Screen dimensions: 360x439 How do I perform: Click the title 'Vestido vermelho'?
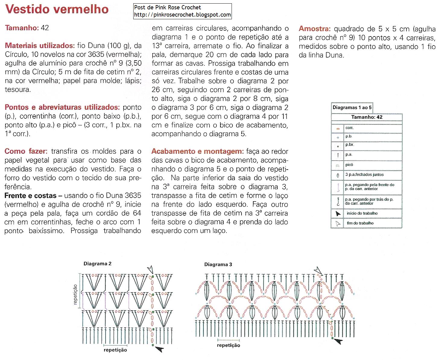click(x=57, y=9)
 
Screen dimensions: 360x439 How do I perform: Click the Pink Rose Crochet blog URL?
click(x=182, y=15)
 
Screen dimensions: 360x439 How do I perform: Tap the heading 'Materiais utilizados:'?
click(x=40, y=46)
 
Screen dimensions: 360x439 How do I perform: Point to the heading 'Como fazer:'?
click(x=26, y=151)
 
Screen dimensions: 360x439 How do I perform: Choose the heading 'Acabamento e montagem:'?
click(x=197, y=151)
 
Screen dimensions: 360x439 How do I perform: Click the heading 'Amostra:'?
click(x=314, y=29)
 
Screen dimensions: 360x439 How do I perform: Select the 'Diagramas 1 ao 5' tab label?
click(x=352, y=108)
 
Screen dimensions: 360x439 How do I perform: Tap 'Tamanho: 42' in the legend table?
click(x=367, y=117)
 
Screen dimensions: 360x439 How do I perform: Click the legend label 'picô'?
click(x=349, y=165)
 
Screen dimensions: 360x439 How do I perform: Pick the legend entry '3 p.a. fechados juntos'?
click(x=364, y=174)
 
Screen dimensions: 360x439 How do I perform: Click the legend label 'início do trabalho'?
click(x=362, y=213)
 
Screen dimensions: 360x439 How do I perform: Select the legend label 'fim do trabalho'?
click(x=360, y=223)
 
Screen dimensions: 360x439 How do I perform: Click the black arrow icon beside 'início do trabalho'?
click(x=338, y=214)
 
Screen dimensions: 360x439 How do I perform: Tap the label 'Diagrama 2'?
click(x=97, y=264)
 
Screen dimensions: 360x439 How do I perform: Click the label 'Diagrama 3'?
click(x=218, y=265)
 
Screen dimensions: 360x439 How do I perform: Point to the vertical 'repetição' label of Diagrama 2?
click(x=75, y=294)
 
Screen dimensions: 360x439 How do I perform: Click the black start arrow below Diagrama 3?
click(x=338, y=341)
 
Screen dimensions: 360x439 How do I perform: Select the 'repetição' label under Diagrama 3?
click(x=228, y=346)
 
